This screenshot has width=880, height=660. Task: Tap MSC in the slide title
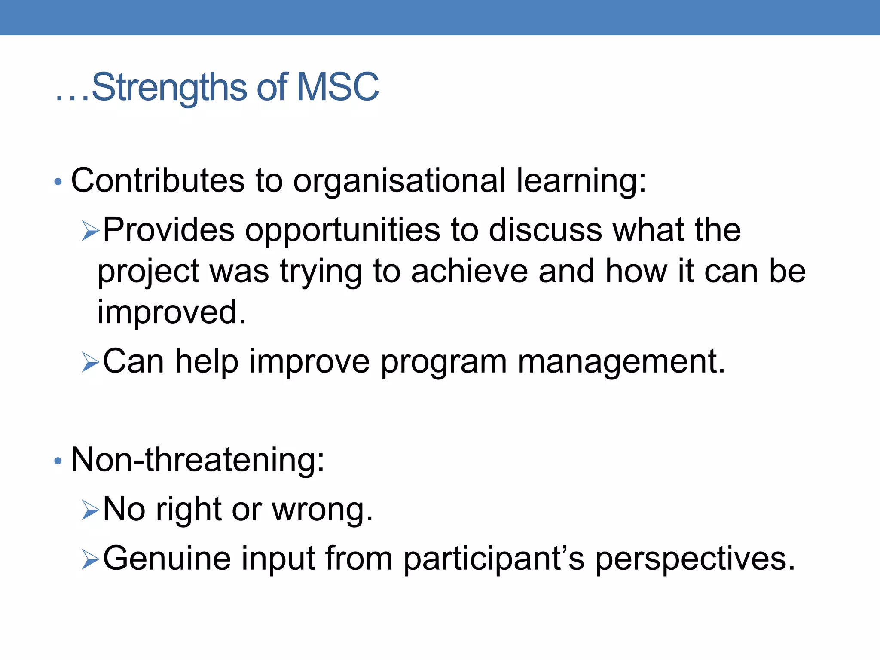click(337, 87)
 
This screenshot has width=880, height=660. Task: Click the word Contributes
click(158, 180)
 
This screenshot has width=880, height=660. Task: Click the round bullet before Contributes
click(58, 182)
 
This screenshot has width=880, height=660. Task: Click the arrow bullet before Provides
click(90, 231)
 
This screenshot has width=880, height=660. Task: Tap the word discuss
click(546, 230)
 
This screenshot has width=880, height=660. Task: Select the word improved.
click(171, 312)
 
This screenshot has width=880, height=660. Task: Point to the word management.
click(621, 362)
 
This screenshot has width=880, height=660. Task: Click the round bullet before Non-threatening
click(58, 461)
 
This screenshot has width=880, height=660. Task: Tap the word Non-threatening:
click(198, 460)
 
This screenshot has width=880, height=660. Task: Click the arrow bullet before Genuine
click(90, 559)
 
